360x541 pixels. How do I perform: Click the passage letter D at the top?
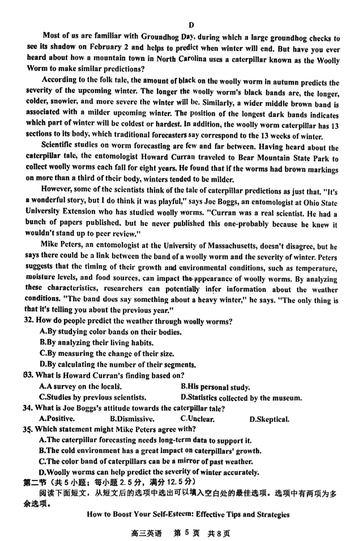point(192,25)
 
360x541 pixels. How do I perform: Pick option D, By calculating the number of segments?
point(118,365)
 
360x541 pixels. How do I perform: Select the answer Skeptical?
point(269,419)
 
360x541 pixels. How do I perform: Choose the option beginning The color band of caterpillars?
point(146,461)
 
